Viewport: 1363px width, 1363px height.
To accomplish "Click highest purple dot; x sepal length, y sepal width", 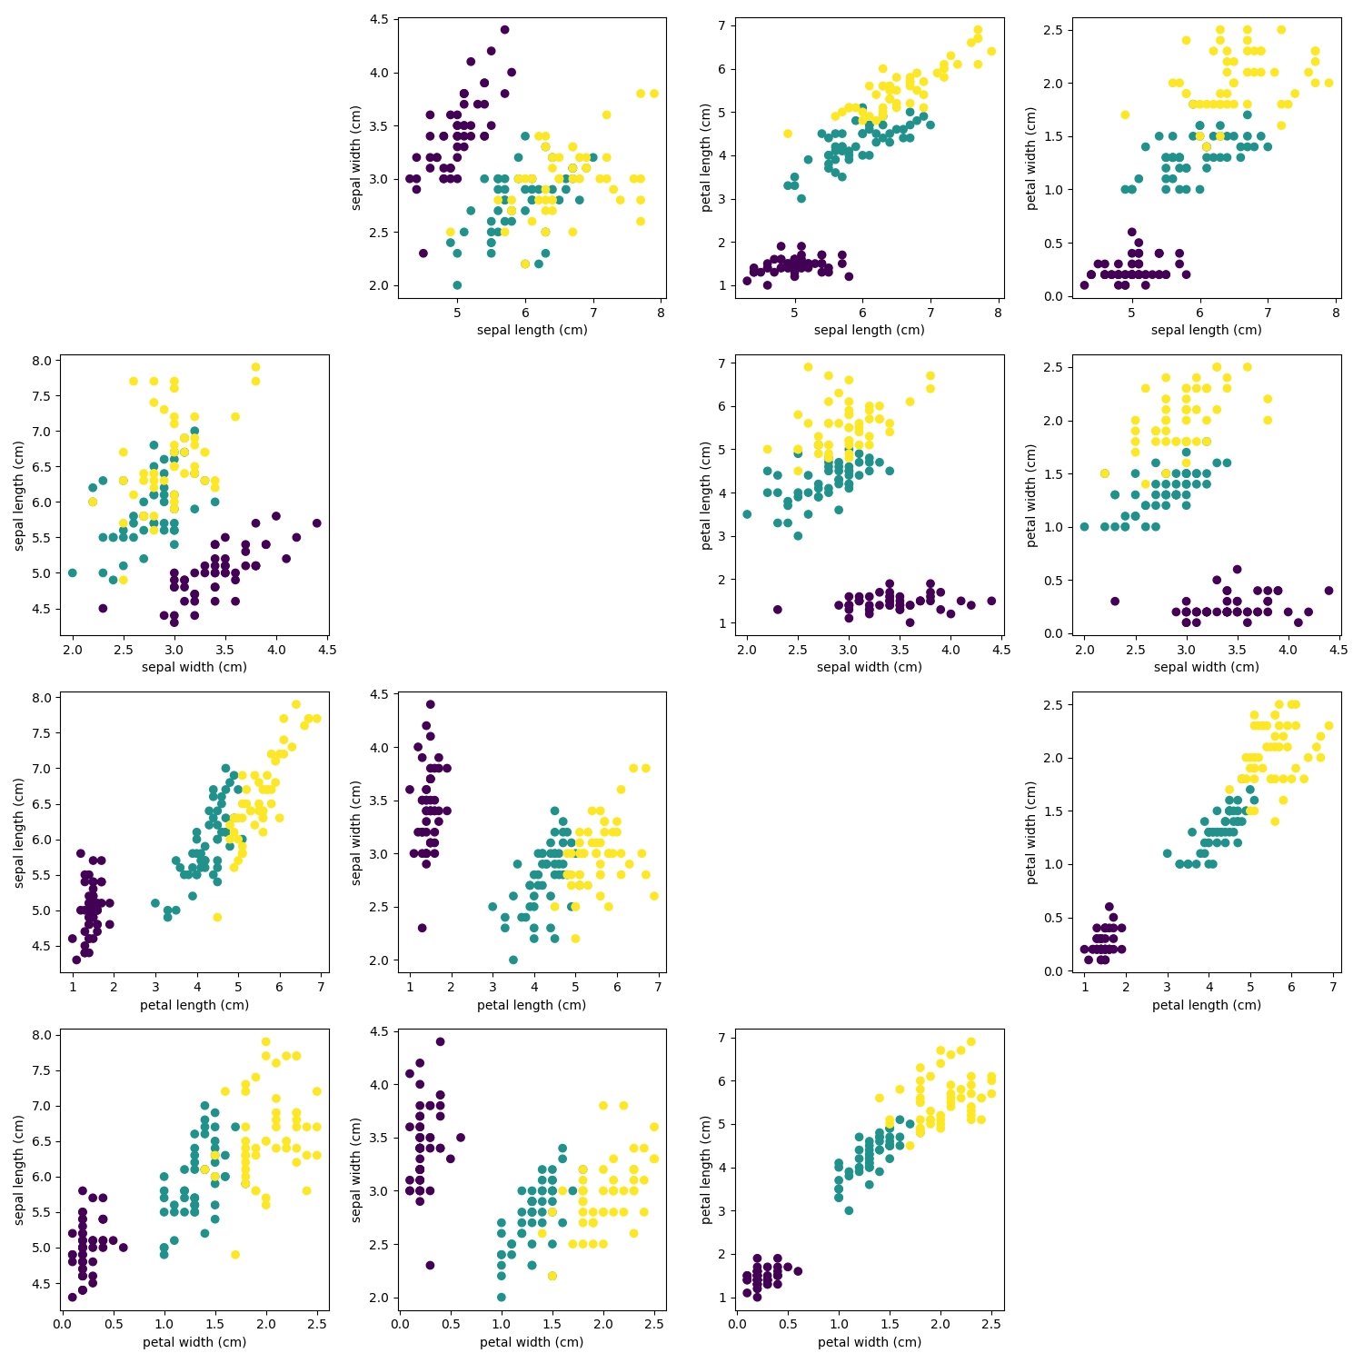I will coord(504,30).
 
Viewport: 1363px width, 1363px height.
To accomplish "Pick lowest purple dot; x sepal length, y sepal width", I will coord(423,254).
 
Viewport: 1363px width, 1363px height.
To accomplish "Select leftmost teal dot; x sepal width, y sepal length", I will coord(72,572).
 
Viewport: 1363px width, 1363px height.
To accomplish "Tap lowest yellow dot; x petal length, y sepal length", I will coord(217,917).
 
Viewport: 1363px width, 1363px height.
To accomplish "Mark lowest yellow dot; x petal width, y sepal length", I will coord(234,1255).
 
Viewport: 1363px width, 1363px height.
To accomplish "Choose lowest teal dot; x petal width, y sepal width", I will coord(501,1297).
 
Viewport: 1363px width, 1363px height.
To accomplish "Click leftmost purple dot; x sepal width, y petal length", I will coord(777,610).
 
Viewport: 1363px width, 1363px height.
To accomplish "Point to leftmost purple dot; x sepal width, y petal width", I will coord(1115,601).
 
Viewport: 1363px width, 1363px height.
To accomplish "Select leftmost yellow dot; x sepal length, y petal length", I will coord(787,134).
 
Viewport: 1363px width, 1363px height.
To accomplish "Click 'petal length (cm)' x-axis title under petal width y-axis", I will coord(1206,1005).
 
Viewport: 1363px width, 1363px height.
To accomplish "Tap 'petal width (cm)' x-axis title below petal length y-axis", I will coord(869,1342).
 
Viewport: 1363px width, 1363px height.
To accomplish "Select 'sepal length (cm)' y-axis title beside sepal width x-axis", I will coord(19,495).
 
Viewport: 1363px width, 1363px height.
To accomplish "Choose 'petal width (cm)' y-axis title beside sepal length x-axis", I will coord(1031,158).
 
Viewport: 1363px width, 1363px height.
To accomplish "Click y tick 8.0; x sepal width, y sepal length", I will coord(42,361).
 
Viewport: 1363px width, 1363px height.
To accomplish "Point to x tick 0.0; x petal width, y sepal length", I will coord(62,1324).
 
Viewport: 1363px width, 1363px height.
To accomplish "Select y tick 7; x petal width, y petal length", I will coord(723,1038).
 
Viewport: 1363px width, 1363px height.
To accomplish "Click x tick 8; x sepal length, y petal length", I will coord(998,313).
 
